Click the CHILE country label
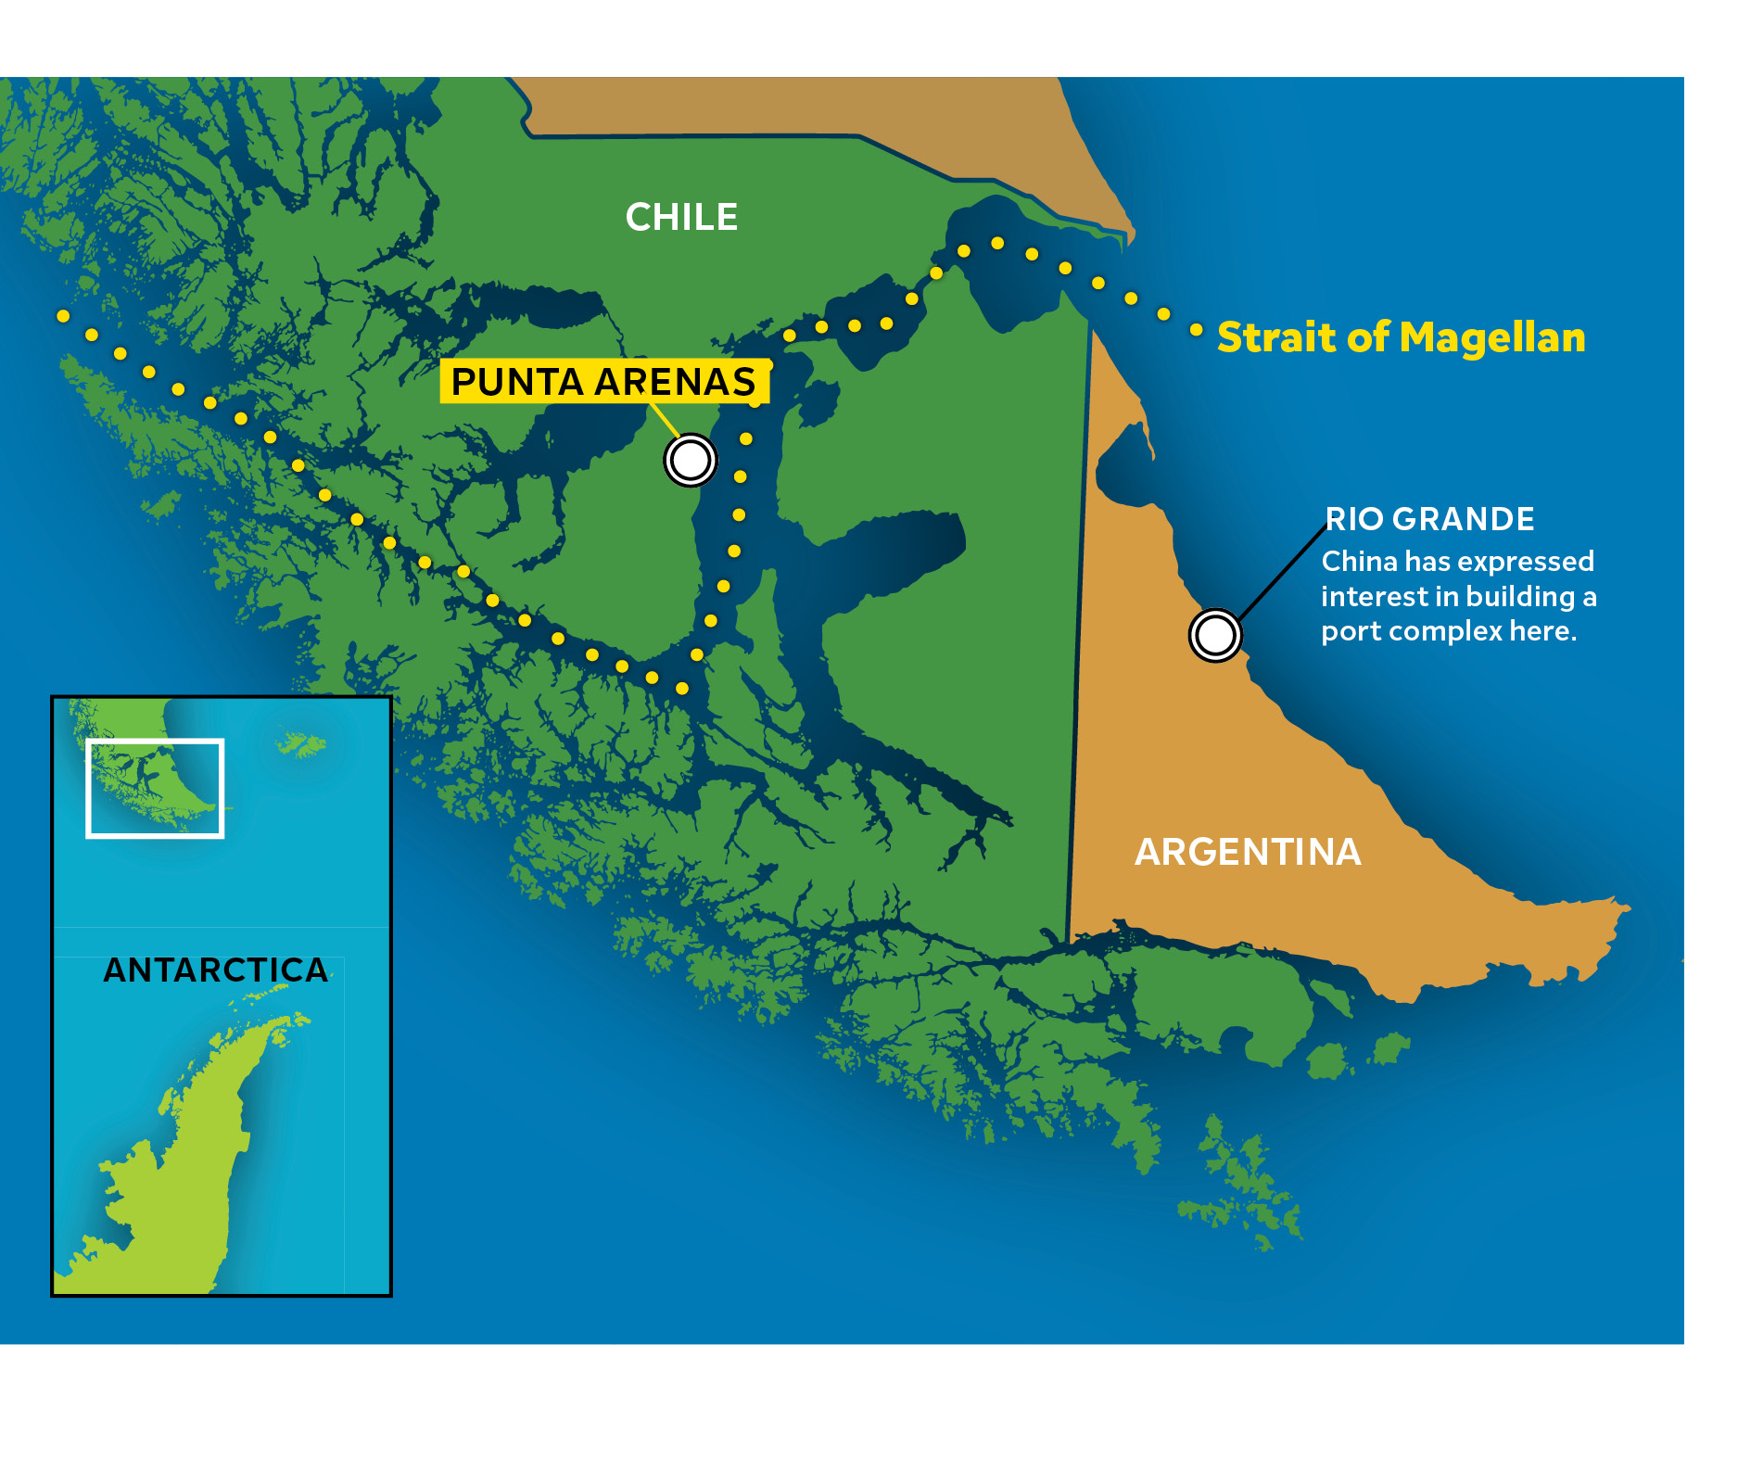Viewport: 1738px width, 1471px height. (681, 218)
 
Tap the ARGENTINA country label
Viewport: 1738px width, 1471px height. (1248, 852)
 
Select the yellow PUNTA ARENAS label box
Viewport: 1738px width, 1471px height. (603, 382)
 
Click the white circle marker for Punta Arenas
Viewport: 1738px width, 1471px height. (691, 460)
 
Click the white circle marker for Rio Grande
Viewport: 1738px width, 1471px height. (1214, 636)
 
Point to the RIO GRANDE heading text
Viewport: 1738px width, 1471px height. (1429, 519)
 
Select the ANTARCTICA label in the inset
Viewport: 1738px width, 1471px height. (215, 970)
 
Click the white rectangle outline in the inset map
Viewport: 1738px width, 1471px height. (156, 741)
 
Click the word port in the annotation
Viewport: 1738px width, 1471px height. (1350, 632)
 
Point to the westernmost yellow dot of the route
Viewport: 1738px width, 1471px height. (63, 316)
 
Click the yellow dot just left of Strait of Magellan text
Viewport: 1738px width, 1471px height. (1197, 330)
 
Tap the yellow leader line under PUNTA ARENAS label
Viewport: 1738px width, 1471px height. (663, 419)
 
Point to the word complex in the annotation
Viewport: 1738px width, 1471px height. (1445, 632)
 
